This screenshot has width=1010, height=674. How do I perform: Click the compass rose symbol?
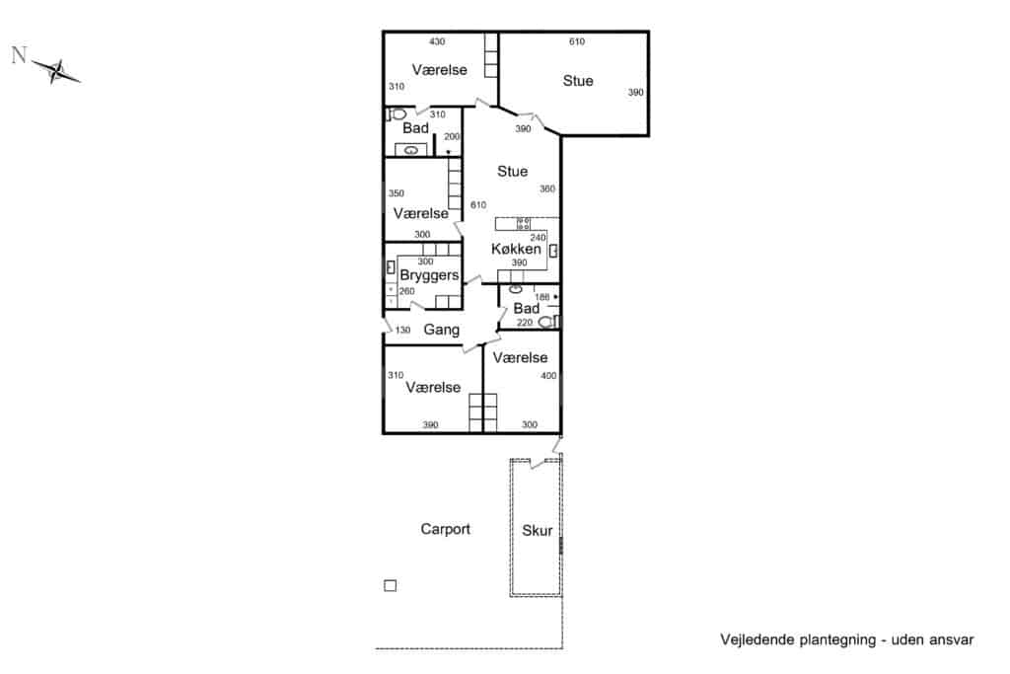[x=56, y=71]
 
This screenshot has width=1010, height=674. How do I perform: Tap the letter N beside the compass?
[x=20, y=55]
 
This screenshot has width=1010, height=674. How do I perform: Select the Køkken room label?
[x=516, y=249]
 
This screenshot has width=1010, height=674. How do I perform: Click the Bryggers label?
[x=429, y=275]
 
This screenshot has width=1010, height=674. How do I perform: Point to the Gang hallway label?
[x=441, y=330]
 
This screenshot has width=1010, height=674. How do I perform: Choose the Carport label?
[x=445, y=529]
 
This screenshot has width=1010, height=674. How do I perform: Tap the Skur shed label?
[x=538, y=530]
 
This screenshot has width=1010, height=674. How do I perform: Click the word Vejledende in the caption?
[x=757, y=639]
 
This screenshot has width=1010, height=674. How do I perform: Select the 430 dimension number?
[x=437, y=41]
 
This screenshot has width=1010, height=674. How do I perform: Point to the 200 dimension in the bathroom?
[x=452, y=136]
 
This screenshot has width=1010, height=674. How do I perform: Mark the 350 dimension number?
[x=397, y=193]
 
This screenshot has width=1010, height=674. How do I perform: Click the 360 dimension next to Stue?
[x=547, y=188]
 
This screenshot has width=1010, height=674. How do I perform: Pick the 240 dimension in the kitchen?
[x=538, y=238]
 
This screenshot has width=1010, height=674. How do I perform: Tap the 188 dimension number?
[x=542, y=297]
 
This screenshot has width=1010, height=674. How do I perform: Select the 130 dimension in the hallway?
[x=402, y=330]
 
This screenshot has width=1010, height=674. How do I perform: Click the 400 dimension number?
[x=548, y=376]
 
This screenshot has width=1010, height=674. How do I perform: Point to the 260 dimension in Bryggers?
[x=406, y=291]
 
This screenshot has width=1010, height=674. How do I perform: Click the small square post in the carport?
[x=391, y=586]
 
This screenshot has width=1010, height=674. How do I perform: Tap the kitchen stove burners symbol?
[x=524, y=224]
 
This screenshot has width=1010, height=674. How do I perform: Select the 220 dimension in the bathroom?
[x=525, y=322]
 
